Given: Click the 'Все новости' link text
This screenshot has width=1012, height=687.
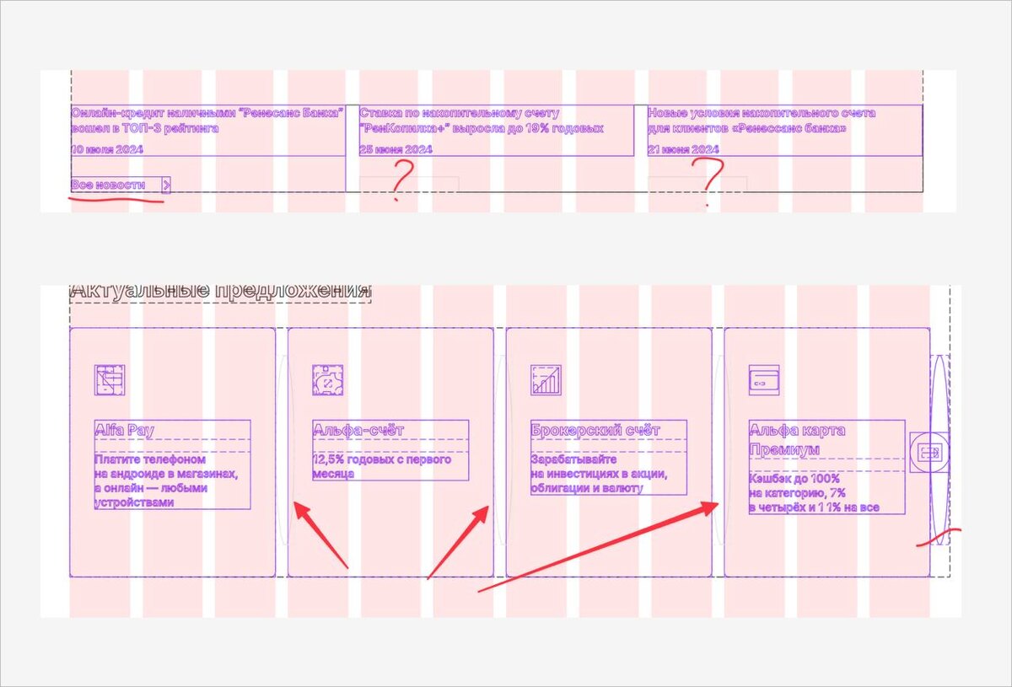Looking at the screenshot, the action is tap(108, 185).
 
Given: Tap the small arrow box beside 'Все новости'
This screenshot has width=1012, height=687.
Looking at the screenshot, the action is tap(166, 185).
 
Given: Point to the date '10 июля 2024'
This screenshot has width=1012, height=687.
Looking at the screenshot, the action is tap(107, 149).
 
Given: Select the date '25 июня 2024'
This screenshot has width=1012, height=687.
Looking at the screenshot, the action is tap(396, 149).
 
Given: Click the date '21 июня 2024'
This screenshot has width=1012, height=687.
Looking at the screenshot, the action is tap(683, 149).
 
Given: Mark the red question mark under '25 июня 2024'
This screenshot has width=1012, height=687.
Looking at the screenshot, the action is tap(401, 180).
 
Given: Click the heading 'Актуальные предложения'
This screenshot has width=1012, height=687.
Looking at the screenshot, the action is tap(220, 291).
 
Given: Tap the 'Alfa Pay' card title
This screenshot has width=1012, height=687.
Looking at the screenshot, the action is tap(124, 430).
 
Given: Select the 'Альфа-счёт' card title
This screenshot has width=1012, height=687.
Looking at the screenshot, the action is tap(358, 430).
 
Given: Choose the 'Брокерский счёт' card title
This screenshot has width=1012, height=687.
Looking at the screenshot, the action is tap(595, 430).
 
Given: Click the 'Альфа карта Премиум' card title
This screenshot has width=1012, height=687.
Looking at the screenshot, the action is tap(797, 439).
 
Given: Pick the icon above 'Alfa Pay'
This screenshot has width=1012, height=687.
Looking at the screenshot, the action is tap(110, 380).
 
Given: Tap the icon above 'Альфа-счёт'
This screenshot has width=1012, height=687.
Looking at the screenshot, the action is tap(327, 380).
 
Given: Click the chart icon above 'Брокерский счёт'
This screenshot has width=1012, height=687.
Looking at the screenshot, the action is tap(546, 380).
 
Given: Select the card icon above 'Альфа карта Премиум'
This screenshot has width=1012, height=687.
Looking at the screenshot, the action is tap(764, 380).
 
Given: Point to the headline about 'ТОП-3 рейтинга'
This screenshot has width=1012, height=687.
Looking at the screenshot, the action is tap(207, 121).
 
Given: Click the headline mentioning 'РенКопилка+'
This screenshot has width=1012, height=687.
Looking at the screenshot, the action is tap(482, 121).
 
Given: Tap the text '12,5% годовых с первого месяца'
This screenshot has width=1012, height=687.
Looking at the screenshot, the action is tap(382, 466).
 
